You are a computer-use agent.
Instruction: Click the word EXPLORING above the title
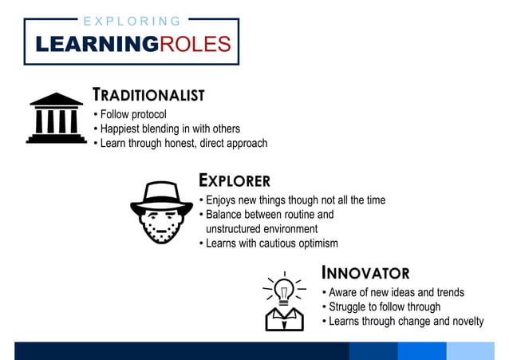(x=132, y=22)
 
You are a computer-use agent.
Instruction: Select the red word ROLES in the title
(x=195, y=44)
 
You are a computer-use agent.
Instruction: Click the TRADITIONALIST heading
(x=148, y=95)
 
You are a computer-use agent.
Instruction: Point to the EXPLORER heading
(x=234, y=180)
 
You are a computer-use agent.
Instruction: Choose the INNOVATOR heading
(x=365, y=273)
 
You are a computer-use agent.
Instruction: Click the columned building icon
(x=56, y=118)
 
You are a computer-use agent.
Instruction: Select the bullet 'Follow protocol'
(x=132, y=114)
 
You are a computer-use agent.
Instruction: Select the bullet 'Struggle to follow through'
(x=384, y=307)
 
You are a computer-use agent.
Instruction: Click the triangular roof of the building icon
(x=56, y=100)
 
